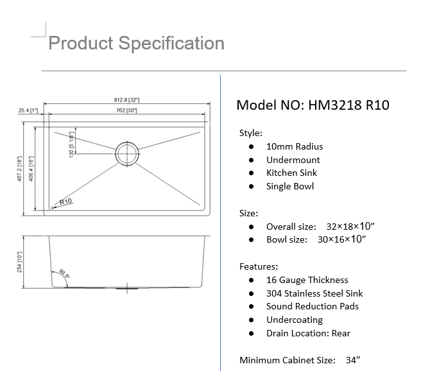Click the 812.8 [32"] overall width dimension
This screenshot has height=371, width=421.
pyautogui.click(x=126, y=100)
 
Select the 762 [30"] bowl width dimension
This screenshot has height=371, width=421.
pyautogui.click(x=126, y=111)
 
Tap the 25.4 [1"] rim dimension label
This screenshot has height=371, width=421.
pyautogui.click(x=28, y=111)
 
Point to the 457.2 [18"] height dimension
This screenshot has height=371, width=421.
pyautogui.click(x=21, y=168)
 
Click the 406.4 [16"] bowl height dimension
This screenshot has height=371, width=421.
pyautogui.click(x=31, y=168)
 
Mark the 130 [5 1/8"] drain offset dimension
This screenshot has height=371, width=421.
pyautogui.click(x=71, y=143)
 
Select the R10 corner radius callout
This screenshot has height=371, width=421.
pyautogui.click(x=64, y=202)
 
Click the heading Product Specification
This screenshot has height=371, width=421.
pyautogui.click(x=136, y=43)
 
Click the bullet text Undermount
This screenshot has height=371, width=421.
pyautogui.click(x=293, y=160)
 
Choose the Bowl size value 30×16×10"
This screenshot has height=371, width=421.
pyautogui.click(x=341, y=239)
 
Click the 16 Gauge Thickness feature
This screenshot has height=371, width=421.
pyautogui.click(x=307, y=280)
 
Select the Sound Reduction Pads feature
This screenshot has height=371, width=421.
pyautogui.click(x=313, y=306)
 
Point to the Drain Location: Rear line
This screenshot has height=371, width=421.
pyautogui.click(x=308, y=333)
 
